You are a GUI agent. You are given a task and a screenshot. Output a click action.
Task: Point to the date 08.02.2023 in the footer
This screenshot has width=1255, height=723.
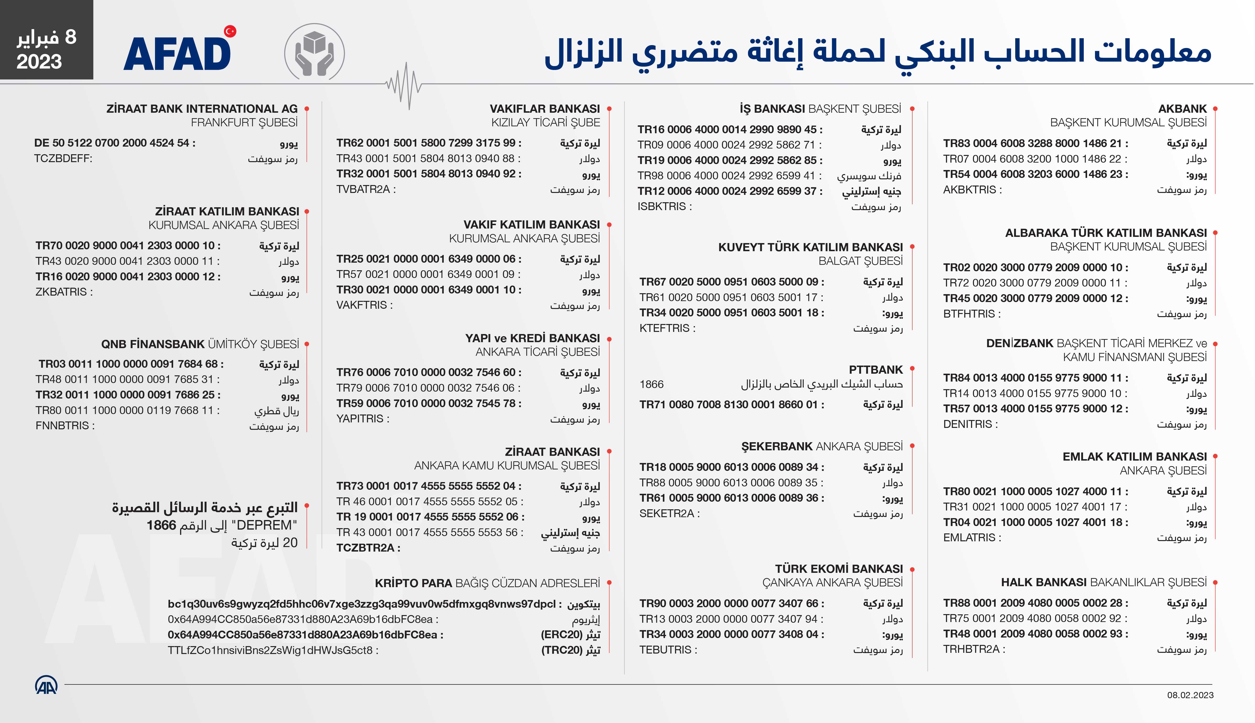[x=1190, y=695]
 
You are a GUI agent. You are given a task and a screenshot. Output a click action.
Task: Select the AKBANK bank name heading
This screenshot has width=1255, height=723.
[x=1182, y=109]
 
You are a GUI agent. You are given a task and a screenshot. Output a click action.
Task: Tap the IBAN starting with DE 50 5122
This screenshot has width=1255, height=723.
[x=112, y=143]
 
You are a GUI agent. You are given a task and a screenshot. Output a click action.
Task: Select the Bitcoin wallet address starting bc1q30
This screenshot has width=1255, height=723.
[x=362, y=604]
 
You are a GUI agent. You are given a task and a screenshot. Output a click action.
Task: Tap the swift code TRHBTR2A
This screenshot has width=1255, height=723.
[x=971, y=649]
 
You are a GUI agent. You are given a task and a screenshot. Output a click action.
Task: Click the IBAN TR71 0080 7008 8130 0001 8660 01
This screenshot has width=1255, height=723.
[x=728, y=405]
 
